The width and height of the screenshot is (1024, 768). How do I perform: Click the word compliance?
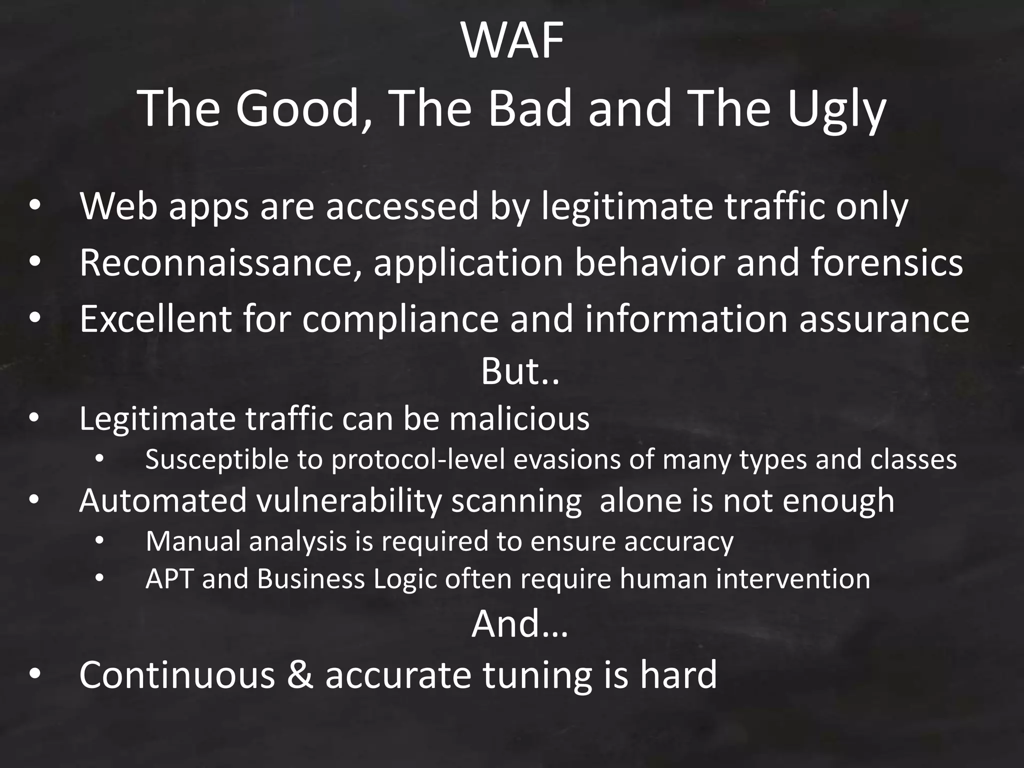click(x=400, y=320)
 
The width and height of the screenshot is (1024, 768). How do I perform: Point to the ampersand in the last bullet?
click(x=300, y=674)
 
